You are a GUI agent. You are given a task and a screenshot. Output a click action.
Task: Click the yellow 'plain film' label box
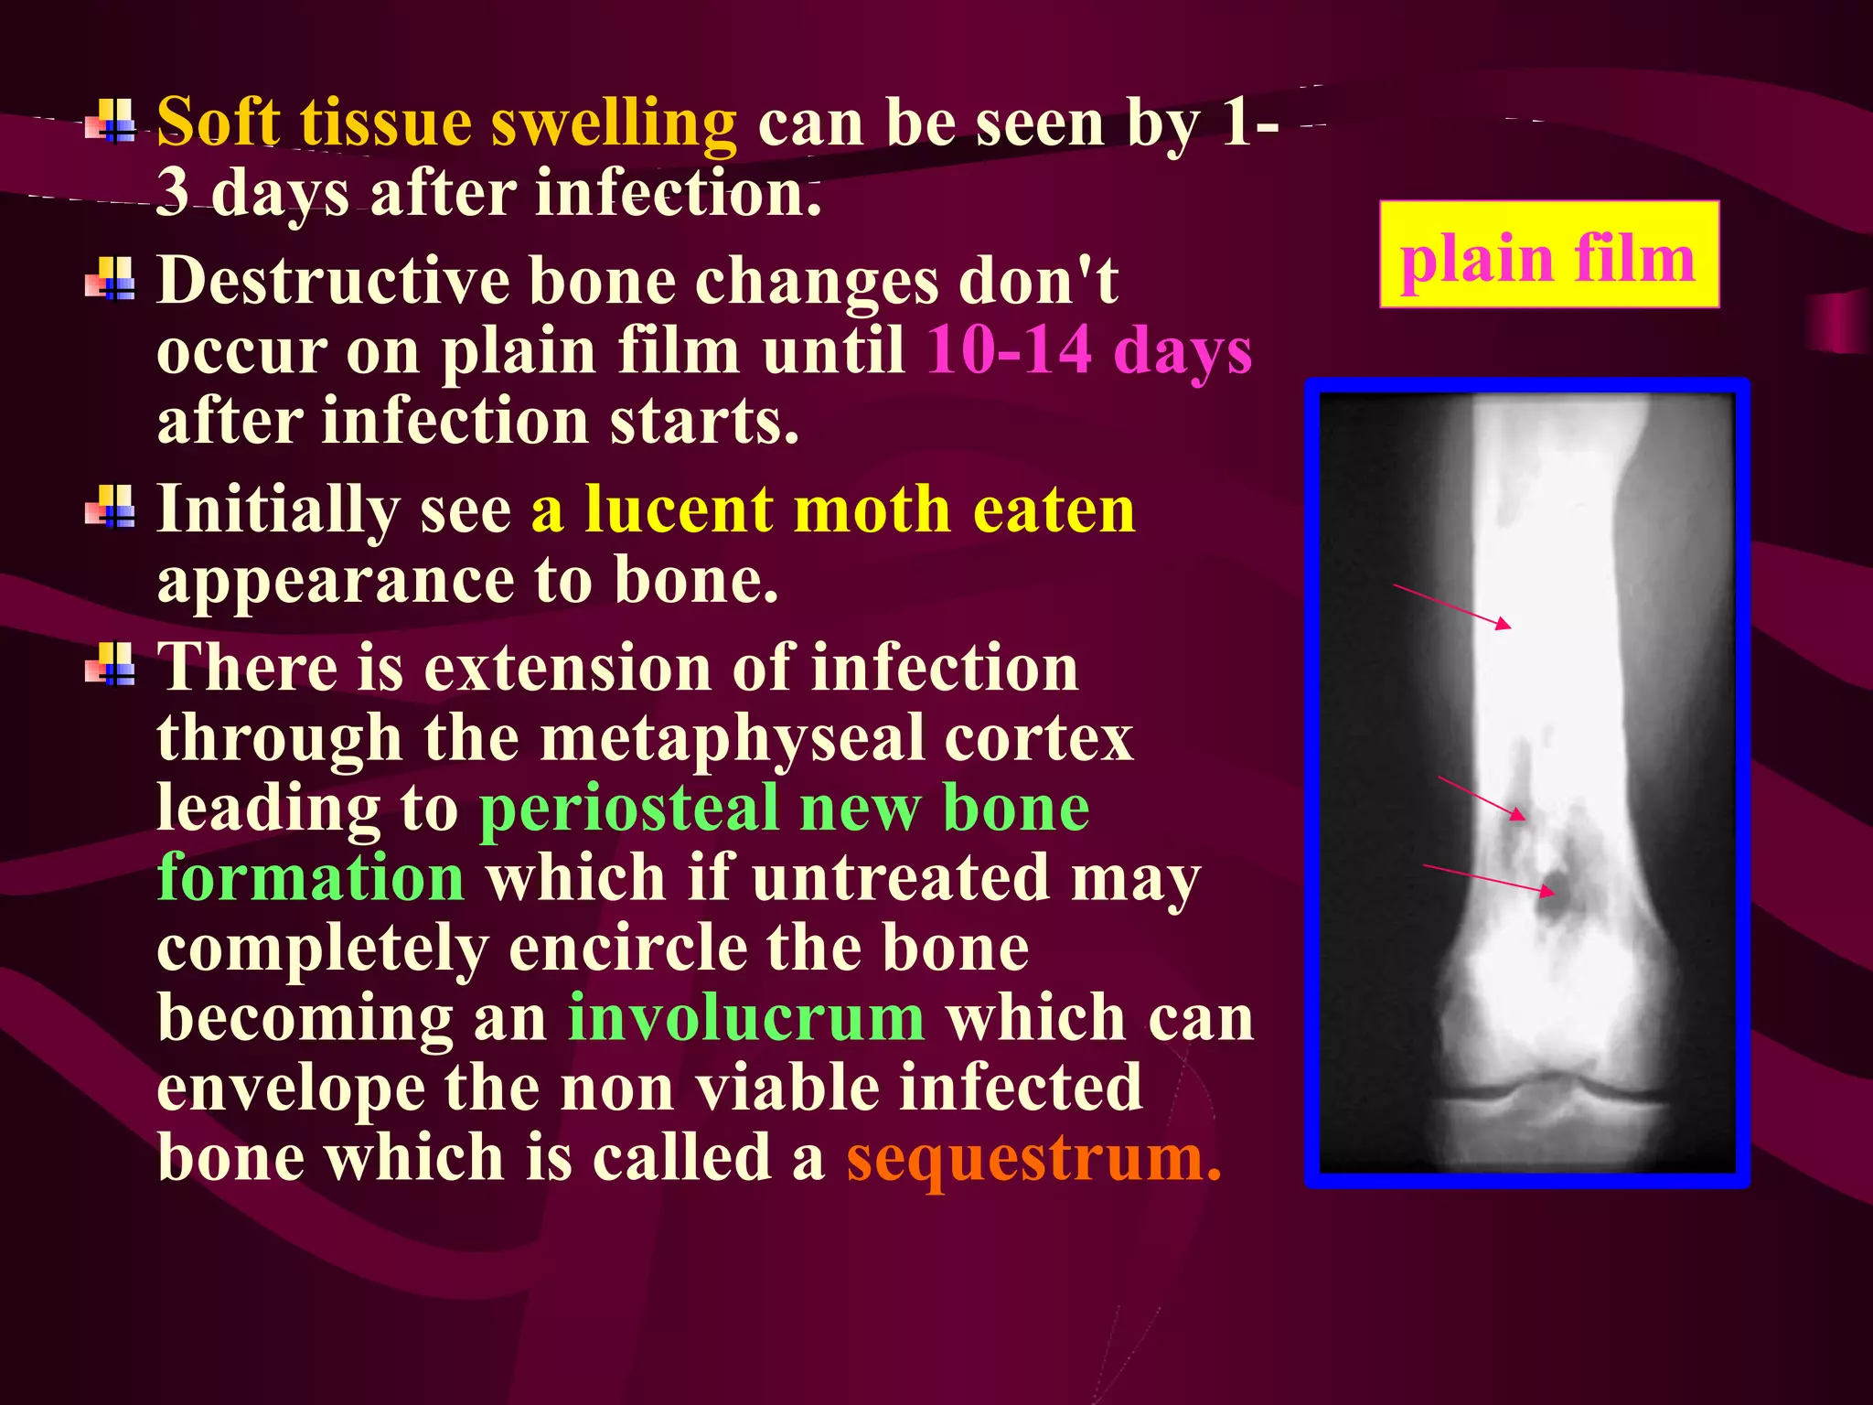(x=1548, y=254)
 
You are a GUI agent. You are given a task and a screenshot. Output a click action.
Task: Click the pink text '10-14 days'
(x=1088, y=350)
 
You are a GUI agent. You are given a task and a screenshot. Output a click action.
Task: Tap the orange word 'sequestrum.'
(x=1033, y=1158)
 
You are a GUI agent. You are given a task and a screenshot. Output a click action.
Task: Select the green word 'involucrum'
(x=745, y=1018)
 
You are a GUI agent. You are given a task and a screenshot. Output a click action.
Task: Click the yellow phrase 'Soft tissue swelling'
(x=446, y=123)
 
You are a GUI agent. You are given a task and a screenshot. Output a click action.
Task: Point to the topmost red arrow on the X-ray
(x=1452, y=606)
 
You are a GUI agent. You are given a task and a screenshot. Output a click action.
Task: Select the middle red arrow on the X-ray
(x=1482, y=799)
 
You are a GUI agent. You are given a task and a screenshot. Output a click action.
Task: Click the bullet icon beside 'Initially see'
(x=111, y=508)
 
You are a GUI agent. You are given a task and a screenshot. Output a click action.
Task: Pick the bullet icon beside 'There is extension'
(x=111, y=665)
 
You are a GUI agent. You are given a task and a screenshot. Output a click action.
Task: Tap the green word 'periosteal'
(x=628, y=809)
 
